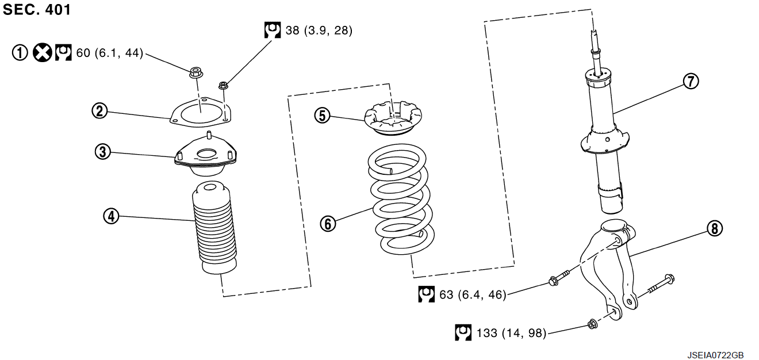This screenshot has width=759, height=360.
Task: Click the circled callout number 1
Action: coord(20,53)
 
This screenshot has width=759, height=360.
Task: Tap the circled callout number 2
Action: coord(100,110)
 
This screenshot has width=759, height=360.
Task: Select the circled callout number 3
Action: coord(103,152)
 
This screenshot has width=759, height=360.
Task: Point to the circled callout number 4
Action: coord(111,216)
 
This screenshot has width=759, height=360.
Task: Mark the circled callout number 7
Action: coord(691,81)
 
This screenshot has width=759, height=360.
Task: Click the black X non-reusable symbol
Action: coord(41,53)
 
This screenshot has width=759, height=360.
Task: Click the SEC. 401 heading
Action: coord(37,10)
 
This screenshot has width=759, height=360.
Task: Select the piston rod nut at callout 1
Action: coord(195,73)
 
